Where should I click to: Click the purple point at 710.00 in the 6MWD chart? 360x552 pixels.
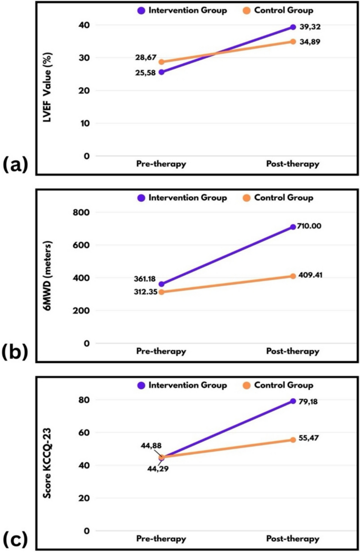(293, 227)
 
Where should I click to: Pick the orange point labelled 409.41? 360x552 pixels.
(293, 276)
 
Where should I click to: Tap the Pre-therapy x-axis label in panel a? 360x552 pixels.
(161, 164)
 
